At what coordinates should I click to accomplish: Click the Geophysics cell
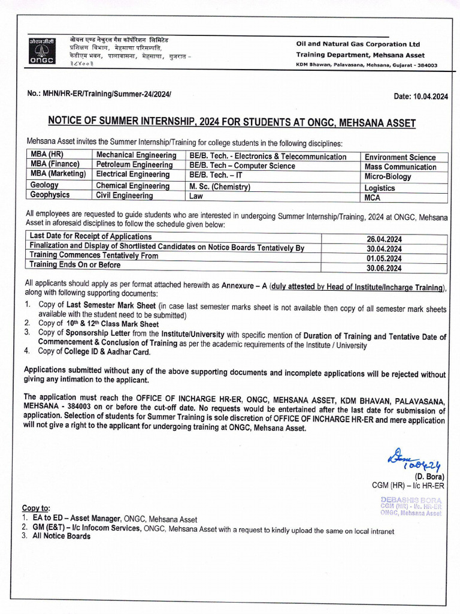(x=50, y=195)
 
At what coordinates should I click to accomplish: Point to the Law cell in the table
(x=196, y=195)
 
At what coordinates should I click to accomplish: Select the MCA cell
(x=373, y=197)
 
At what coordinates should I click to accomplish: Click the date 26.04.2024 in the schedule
(x=384, y=239)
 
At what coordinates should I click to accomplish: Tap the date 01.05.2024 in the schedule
(x=384, y=259)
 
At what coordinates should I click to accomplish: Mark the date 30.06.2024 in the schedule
(x=384, y=269)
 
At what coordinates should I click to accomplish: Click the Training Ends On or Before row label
(x=75, y=265)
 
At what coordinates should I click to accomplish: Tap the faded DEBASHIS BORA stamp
(x=411, y=506)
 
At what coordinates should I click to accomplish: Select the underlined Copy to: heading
(x=36, y=508)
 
